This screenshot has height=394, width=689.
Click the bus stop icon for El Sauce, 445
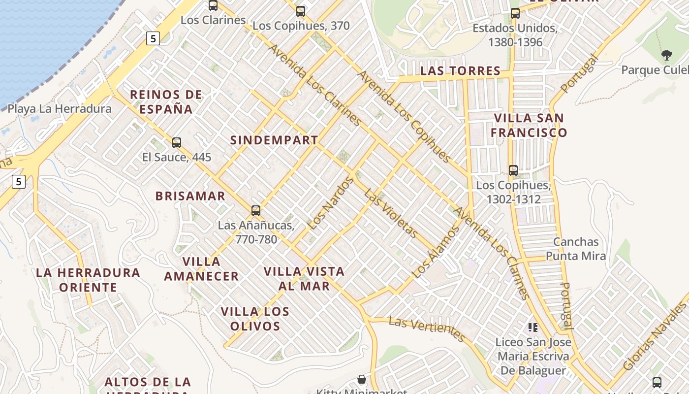pyautogui.click(x=177, y=143)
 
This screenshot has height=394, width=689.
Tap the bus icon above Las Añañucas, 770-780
pyautogui.click(x=256, y=211)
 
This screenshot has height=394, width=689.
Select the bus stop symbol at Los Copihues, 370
pyautogui.click(x=301, y=11)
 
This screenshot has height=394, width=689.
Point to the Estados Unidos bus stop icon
pyautogui.click(x=515, y=13)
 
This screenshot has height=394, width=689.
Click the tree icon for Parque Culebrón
pyautogui.click(x=667, y=55)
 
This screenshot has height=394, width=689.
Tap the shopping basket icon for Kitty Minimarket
pyautogui.click(x=362, y=379)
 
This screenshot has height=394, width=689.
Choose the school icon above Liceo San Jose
pyautogui.click(x=532, y=327)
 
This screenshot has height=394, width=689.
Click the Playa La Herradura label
pyautogui.click(x=60, y=109)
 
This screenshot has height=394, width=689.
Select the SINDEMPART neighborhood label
pyautogui.click(x=274, y=140)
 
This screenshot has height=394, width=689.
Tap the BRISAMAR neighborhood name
pyautogui.click(x=190, y=196)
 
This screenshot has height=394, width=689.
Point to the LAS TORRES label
pyautogui.click(x=460, y=71)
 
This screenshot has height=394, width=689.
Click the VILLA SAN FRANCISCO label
pyautogui.click(x=529, y=125)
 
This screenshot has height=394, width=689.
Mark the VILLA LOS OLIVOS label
pyautogui.click(x=255, y=319)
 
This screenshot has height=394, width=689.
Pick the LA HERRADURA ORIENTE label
pyautogui.click(x=88, y=280)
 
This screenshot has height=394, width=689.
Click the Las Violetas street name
pyautogui.click(x=391, y=213)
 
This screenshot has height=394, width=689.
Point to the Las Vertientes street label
pyautogui.click(x=426, y=329)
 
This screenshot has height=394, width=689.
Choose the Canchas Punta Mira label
pyautogui.click(x=576, y=249)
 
